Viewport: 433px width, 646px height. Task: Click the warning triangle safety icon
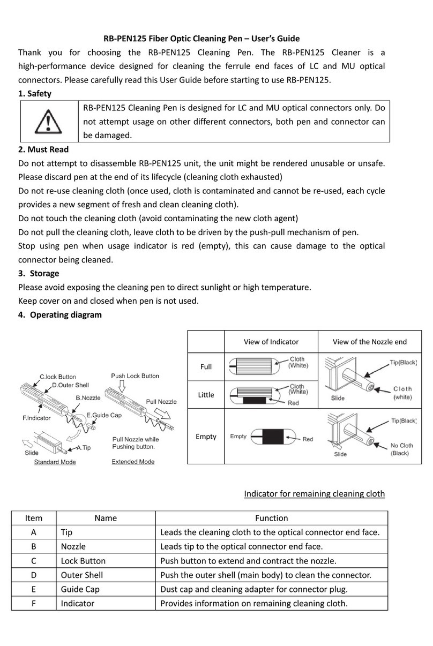[48, 122]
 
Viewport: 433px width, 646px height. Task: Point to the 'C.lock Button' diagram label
[58, 377]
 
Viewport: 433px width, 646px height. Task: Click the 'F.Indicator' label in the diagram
[36, 417]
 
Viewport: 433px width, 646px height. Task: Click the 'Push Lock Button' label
[135, 376]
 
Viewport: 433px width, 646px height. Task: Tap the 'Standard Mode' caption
[55, 462]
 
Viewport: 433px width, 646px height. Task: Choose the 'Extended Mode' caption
[133, 462]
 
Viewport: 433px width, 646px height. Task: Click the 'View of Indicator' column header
[271, 342]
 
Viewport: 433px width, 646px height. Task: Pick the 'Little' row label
[206, 395]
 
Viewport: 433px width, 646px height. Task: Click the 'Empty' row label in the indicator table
[206, 437]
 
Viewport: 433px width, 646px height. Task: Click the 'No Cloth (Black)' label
[401, 449]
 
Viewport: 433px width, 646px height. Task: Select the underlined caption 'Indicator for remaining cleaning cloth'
[314, 493]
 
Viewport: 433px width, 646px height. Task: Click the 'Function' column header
[271, 518]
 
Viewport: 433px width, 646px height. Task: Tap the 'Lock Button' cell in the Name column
[83, 561]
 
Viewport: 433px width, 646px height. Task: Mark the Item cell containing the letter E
[34, 589]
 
